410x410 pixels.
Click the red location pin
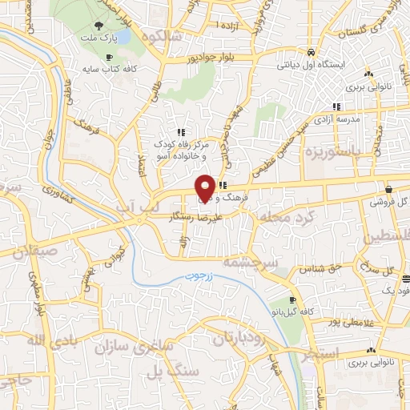(205, 187)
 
